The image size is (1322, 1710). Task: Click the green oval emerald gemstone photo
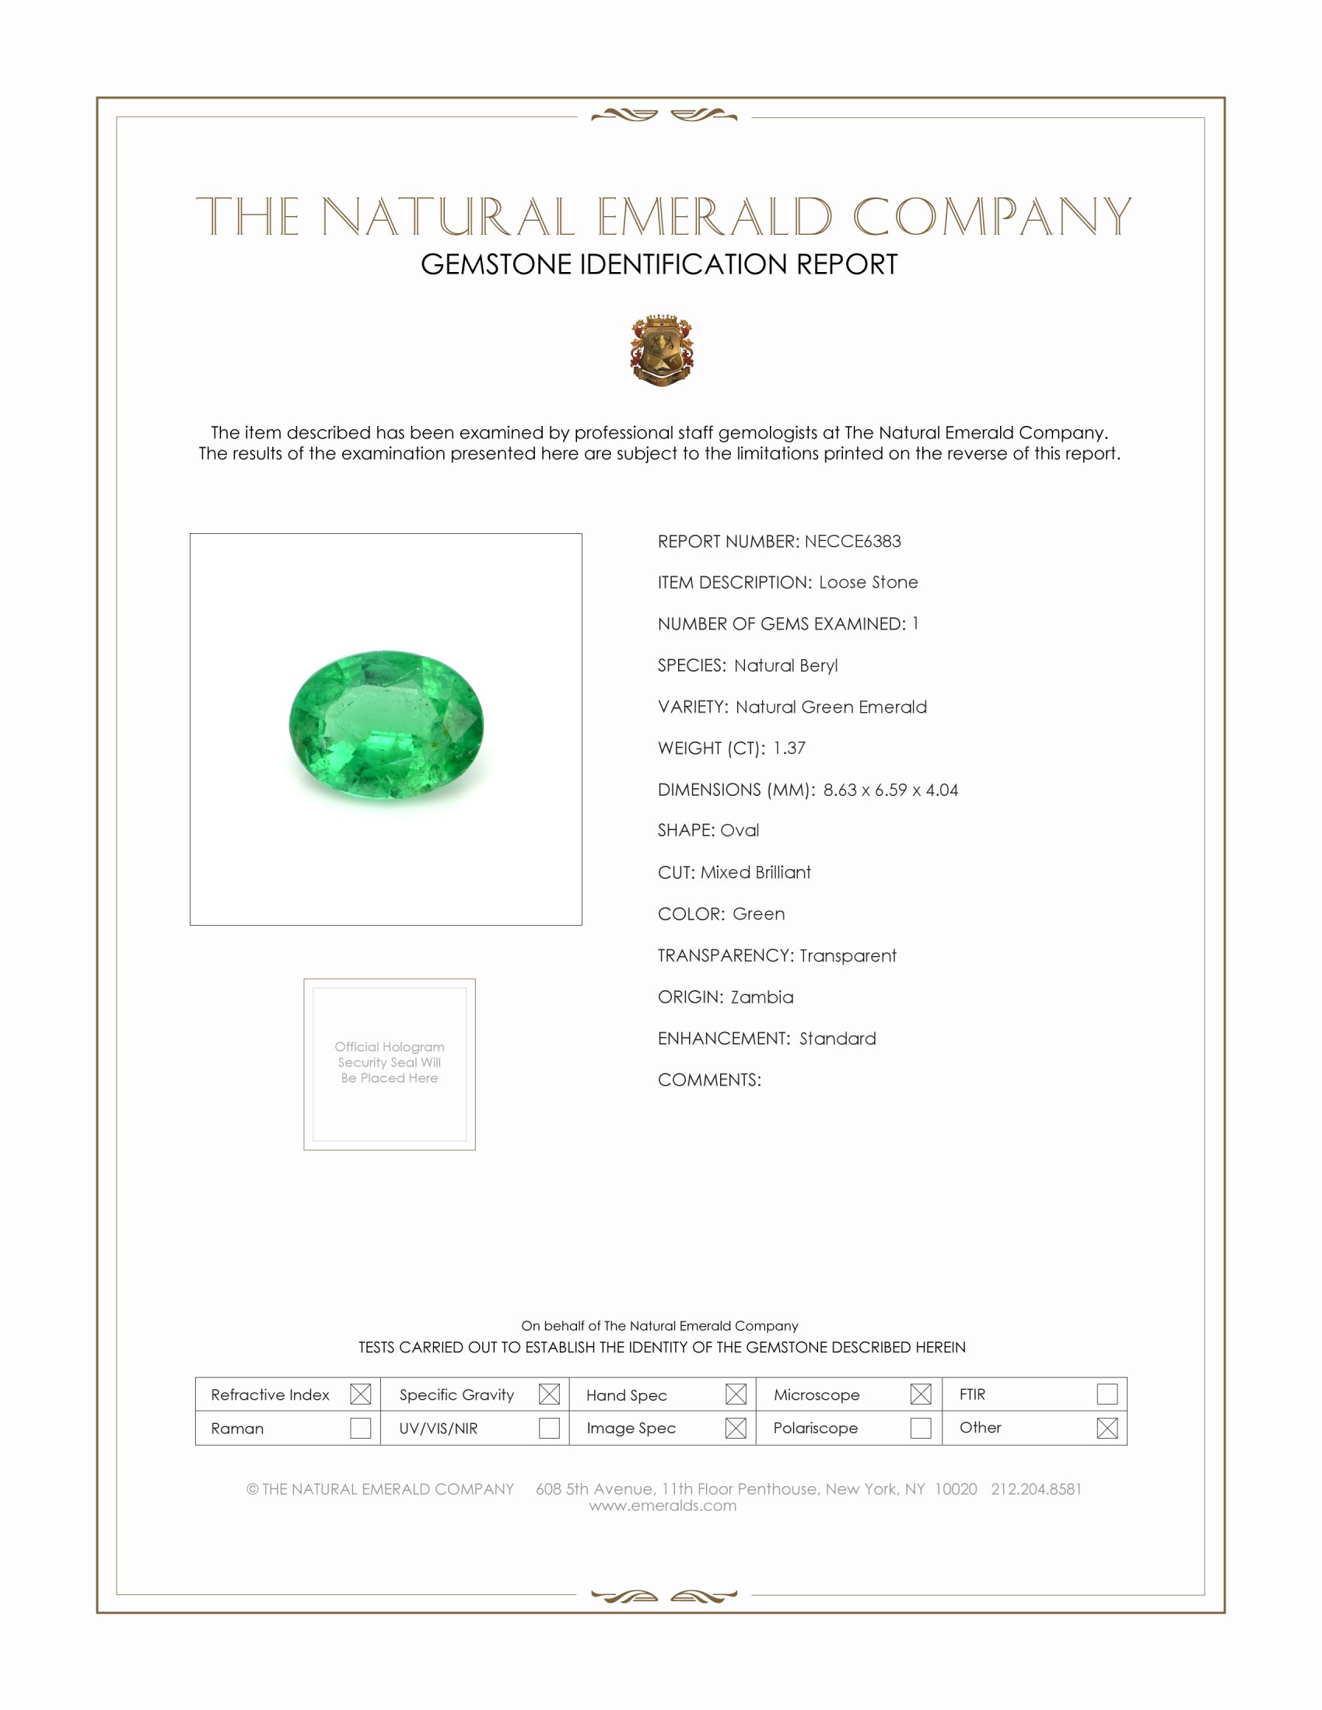386,724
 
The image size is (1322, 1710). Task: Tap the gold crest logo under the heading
662,350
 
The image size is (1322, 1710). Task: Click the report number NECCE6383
852,541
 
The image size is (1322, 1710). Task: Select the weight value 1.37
789,748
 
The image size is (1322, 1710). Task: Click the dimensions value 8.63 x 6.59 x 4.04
890,789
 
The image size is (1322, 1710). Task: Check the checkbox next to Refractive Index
360,1394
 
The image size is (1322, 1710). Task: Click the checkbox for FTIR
1107,1394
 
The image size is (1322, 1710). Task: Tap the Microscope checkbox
921,1394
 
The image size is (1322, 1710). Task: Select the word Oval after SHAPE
740,830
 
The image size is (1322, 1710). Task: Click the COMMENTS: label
708,1080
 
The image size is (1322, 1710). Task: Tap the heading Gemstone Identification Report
659,264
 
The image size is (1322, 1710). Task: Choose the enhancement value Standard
838,1038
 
